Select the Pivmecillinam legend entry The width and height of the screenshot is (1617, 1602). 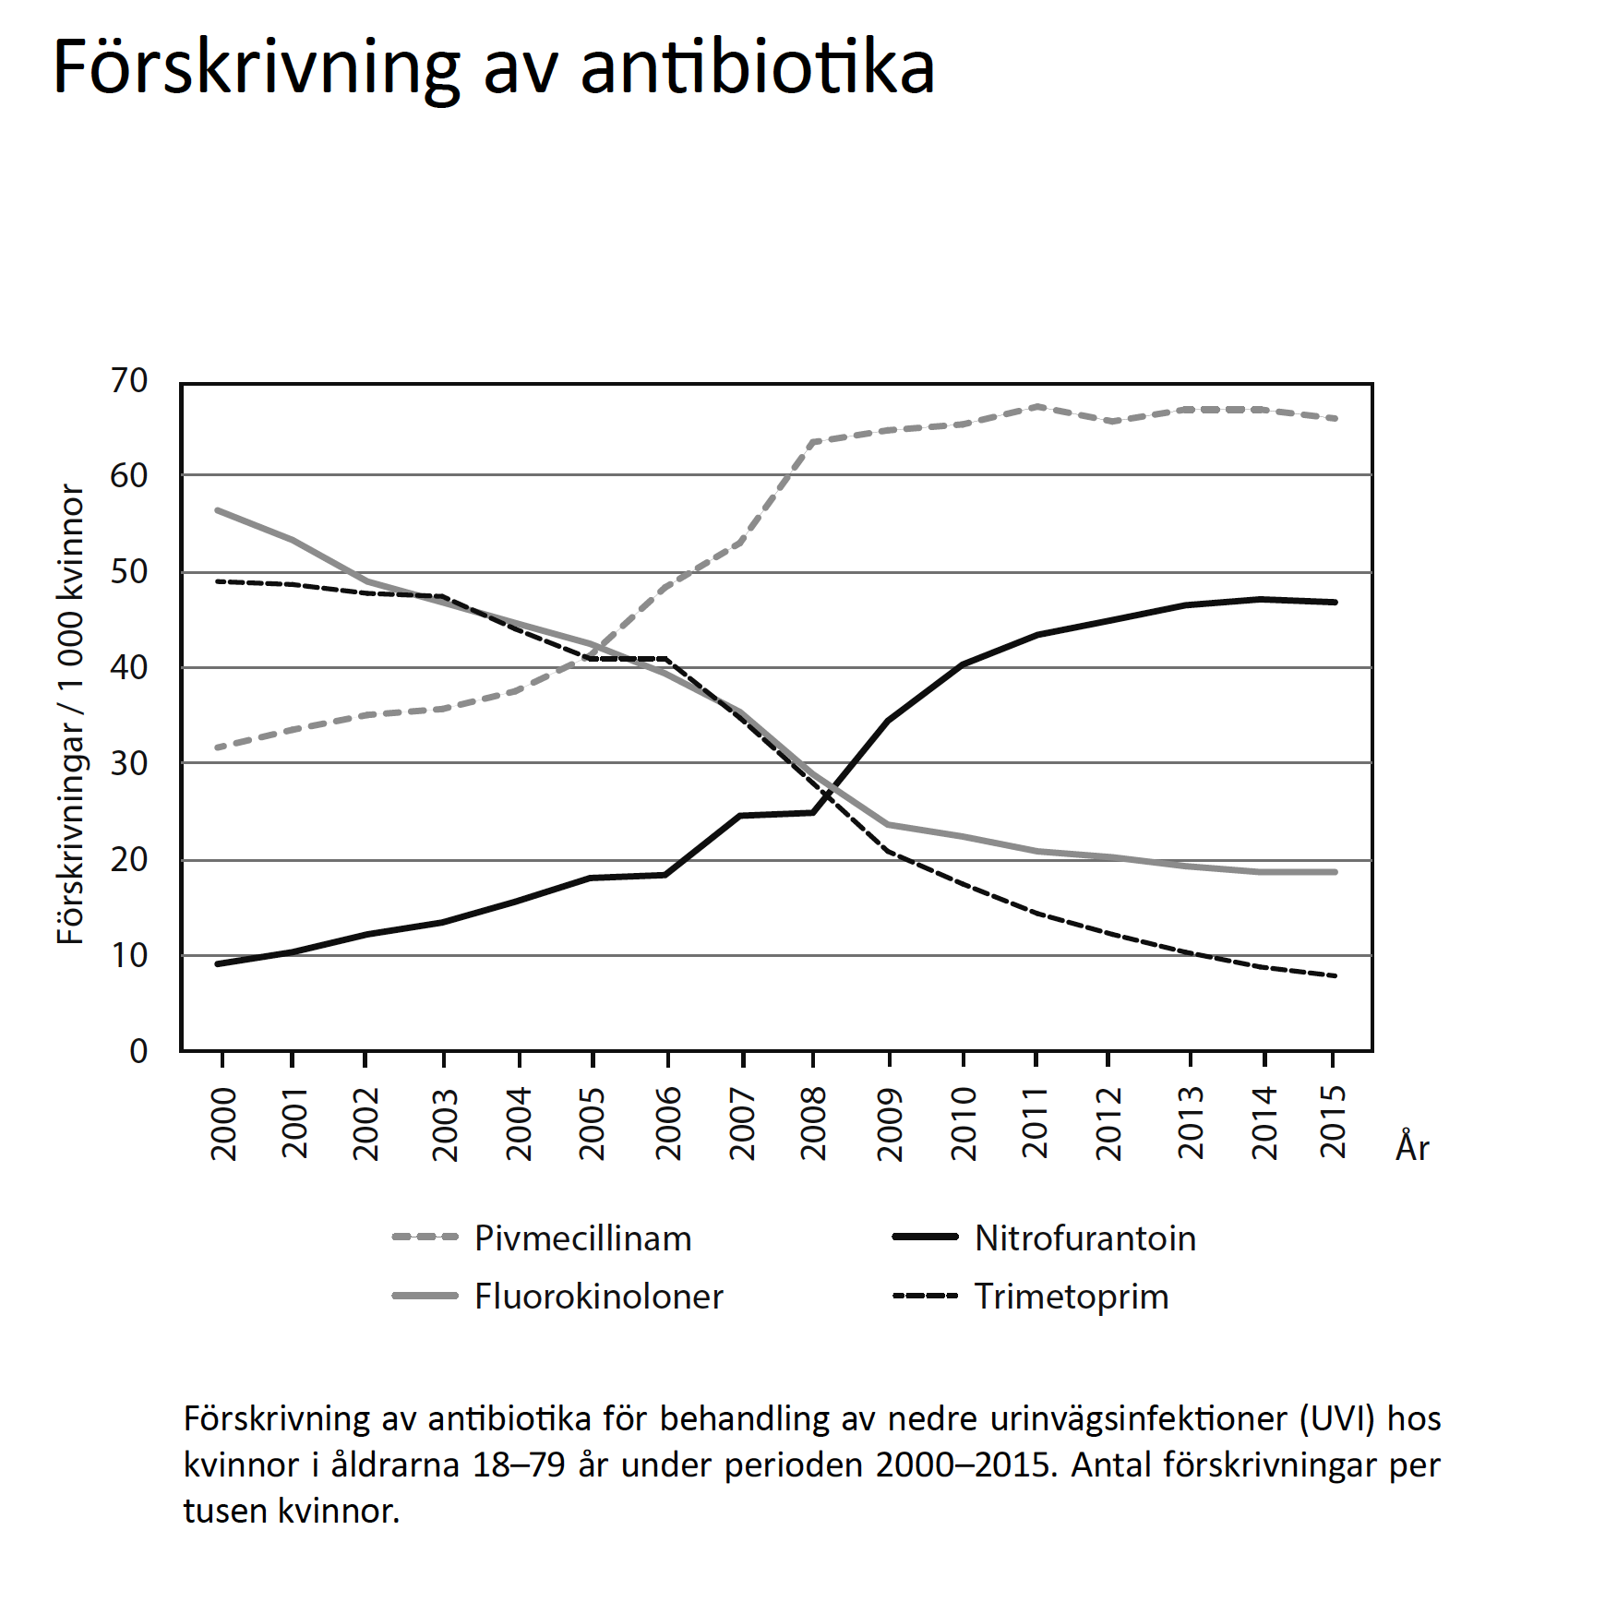pos(582,1238)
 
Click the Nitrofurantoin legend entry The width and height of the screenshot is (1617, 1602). pos(1084,1238)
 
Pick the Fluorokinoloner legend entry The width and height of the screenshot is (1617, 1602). pos(598,1297)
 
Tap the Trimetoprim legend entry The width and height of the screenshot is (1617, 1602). pos(1071,1297)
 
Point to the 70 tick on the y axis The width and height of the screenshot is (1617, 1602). pos(129,380)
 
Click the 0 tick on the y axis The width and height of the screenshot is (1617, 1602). pos(138,1050)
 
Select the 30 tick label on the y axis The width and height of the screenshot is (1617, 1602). pos(129,763)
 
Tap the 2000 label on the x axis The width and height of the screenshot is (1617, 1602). pos(223,1123)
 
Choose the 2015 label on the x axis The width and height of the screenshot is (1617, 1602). pos(1334,1123)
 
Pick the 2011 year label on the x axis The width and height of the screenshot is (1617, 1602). pos(1036,1123)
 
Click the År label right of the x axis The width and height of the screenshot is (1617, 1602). pos(1412,1147)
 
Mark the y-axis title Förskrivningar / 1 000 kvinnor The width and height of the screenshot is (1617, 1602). pos(70,715)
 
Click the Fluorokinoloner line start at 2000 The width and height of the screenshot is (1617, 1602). pos(218,510)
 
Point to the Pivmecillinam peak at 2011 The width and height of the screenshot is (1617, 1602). pos(1037,406)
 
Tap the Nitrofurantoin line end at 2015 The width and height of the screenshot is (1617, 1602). pos(1334,602)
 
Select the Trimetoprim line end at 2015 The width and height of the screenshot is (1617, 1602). pos(1334,975)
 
